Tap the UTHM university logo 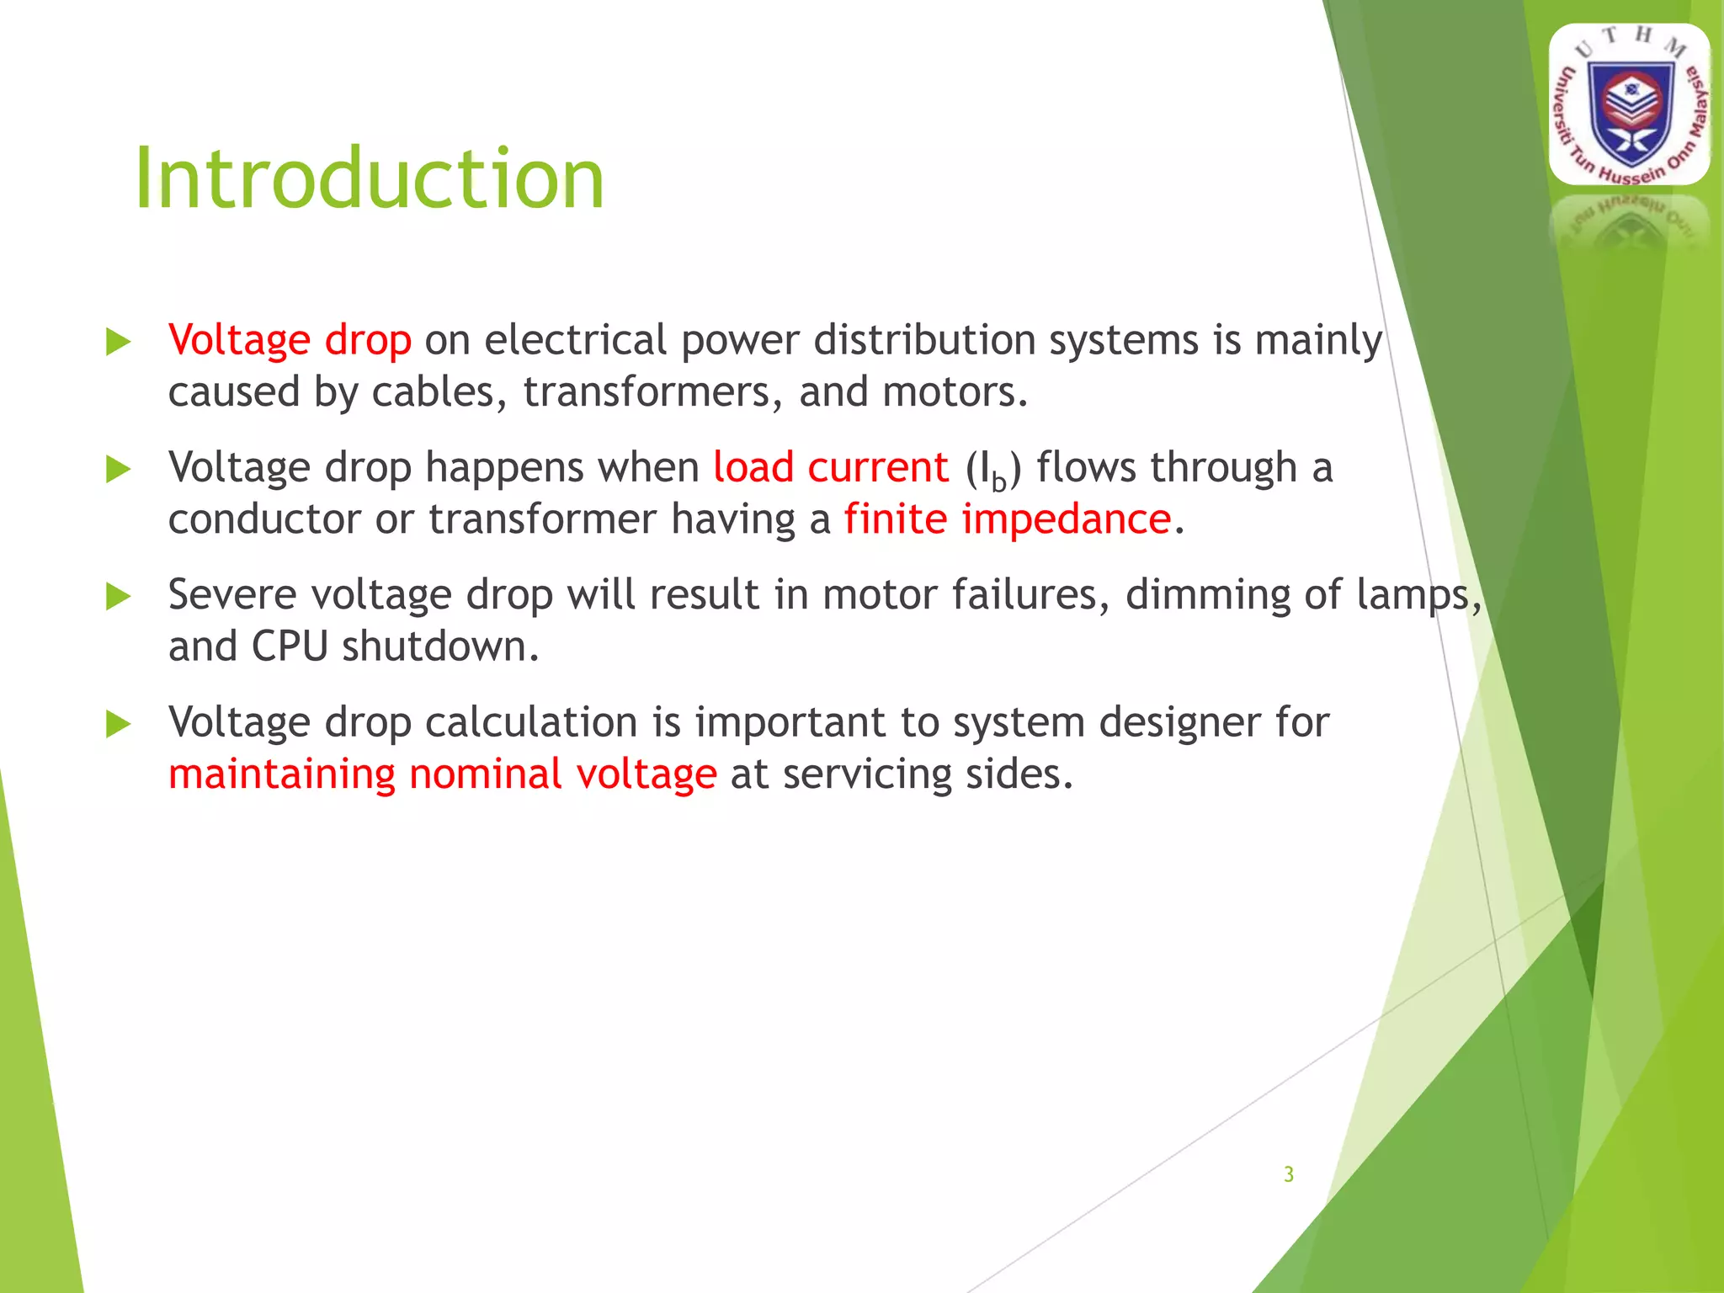[1629, 105]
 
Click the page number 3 [1288, 1174]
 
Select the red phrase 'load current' [830, 467]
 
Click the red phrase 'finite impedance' [1007, 519]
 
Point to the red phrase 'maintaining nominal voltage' [442, 774]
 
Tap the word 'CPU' [290, 646]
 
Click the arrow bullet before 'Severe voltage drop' [119, 597]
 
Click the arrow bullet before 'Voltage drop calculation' [119, 724]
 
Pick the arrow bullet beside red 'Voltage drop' [119, 342]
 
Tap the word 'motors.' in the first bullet [955, 392]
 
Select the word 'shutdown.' [439, 646]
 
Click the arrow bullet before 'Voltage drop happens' [119, 470]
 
